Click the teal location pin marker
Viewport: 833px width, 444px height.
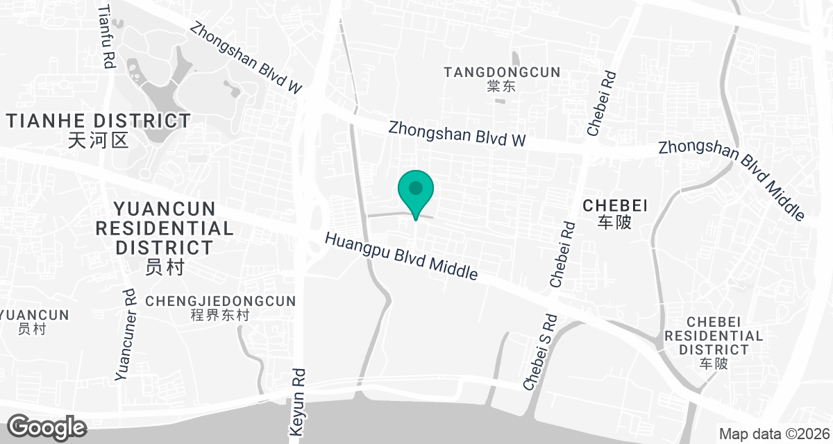tap(416, 192)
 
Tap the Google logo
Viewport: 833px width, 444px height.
tap(47, 427)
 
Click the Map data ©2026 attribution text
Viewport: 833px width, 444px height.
tap(773, 434)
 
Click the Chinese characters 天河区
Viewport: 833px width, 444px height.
tap(99, 142)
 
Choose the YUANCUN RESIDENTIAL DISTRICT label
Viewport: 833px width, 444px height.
tap(165, 228)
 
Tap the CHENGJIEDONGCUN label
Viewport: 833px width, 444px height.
tap(221, 301)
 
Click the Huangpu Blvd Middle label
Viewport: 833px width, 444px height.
tap(402, 256)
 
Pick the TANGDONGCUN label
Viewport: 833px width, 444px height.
tap(502, 72)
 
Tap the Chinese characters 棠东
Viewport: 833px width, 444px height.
tap(502, 87)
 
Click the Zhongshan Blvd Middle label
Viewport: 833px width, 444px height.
tap(731, 179)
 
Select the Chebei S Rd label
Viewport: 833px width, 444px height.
tap(540, 352)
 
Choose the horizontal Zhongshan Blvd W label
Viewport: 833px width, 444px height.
tap(457, 134)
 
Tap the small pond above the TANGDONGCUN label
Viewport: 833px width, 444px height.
tap(514, 58)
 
